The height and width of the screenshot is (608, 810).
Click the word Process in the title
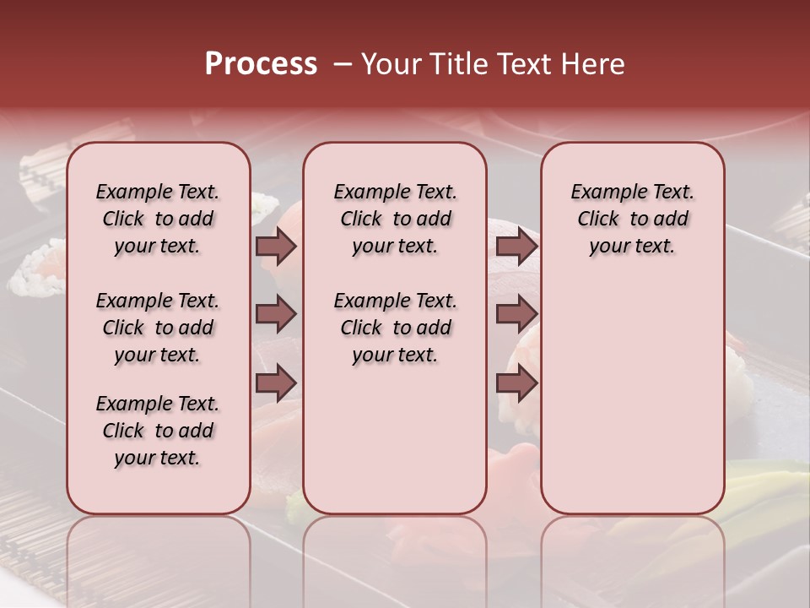click(261, 64)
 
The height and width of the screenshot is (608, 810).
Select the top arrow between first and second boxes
click(276, 246)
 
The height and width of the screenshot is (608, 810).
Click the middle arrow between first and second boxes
click(276, 315)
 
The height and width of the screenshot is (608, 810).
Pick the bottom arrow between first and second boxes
click(276, 383)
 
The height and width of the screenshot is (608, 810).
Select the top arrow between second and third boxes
click(516, 246)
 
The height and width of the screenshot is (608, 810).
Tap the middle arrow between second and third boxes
click(516, 315)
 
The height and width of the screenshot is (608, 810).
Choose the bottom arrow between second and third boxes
click(516, 383)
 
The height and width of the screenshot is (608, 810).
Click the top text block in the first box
click(158, 219)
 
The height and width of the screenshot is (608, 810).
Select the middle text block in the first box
click(158, 328)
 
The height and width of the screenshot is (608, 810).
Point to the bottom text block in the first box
click(158, 431)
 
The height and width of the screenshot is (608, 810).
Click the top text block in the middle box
click(395, 219)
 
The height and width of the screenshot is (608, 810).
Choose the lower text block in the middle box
click(395, 328)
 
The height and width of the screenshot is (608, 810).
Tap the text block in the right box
click(632, 219)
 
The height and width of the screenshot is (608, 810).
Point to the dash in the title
click(343, 64)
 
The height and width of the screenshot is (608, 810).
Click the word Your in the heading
click(391, 64)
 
